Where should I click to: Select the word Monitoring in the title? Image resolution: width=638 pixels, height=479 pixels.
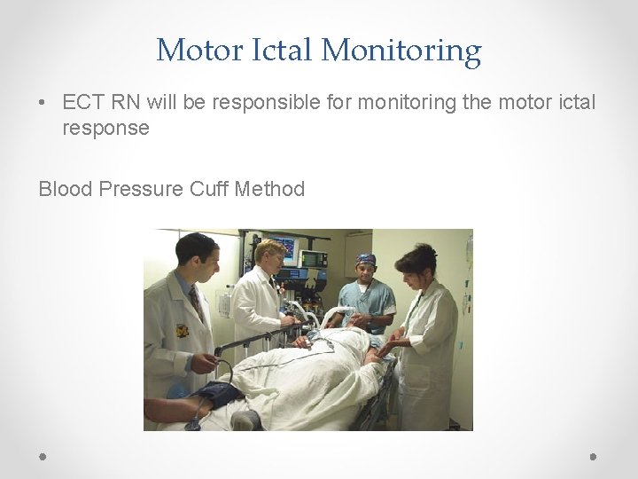[x=401, y=51]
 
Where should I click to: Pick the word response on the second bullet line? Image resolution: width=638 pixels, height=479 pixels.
[x=105, y=128]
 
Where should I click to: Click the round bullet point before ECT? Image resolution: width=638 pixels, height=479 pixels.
[x=43, y=104]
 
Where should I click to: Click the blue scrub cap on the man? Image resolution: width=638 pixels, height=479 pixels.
[x=366, y=259]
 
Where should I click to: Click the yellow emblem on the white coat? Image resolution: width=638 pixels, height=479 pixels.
[x=182, y=330]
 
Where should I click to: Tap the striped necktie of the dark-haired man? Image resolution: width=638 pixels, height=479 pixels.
[x=195, y=301]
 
